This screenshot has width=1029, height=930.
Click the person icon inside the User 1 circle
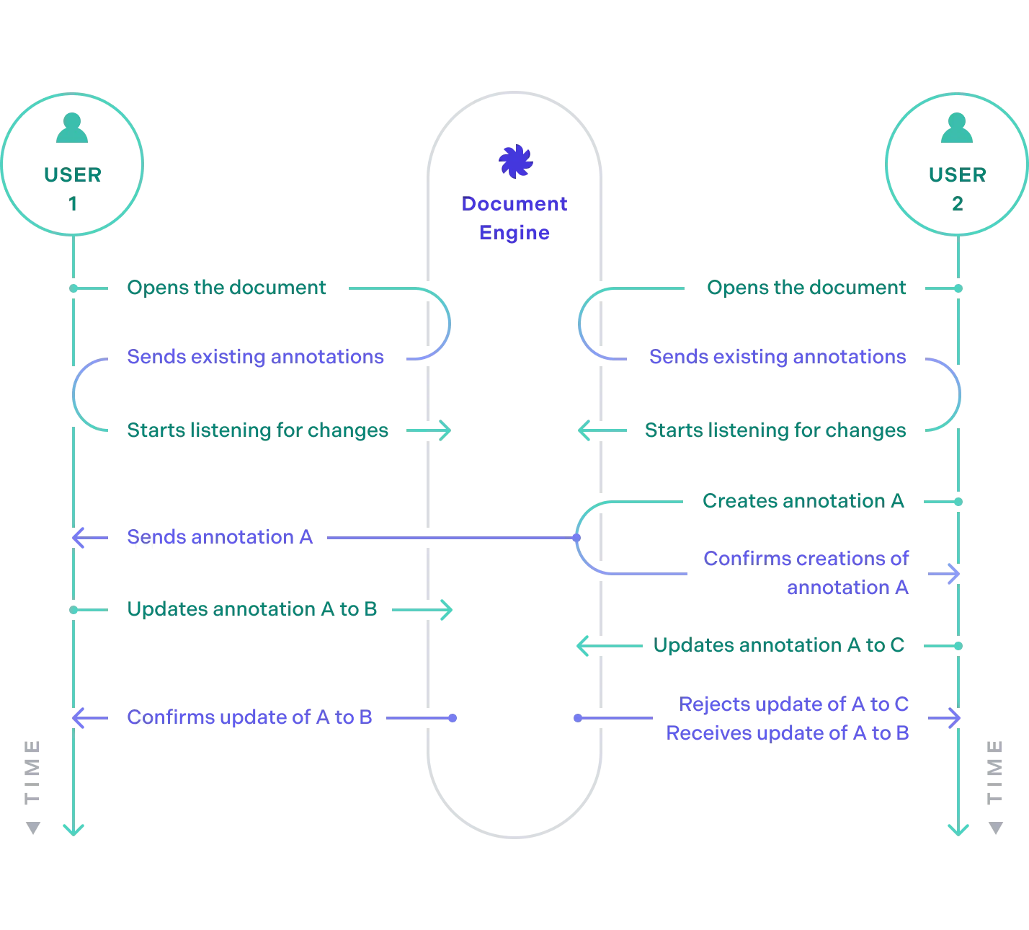pyautogui.click(x=72, y=128)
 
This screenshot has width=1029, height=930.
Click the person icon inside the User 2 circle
pyautogui.click(x=956, y=128)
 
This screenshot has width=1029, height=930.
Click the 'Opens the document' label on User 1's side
pyautogui.click(x=227, y=288)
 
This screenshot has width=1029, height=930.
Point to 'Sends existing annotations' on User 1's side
pyautogui.click(x=256, y=358)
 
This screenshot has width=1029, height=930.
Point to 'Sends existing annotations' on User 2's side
pyautogui.click(x=778, y=358)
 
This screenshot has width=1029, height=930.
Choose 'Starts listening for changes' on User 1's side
pyautogui.click(x=258, y=430)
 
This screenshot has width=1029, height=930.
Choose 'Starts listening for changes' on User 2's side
pyautogui.click(x=777, y=430)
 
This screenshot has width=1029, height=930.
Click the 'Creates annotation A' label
pyautogui.click(x=803, y=501)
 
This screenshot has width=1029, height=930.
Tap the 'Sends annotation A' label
pyautogui.click(x=220, y=538)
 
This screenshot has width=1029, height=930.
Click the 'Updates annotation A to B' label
pyautogui.click(x=253, y=609)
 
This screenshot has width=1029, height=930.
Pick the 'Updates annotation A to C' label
pyautogui.click(x=778, y=645)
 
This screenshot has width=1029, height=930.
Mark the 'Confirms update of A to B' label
pyautogui.click(x=250, y=718)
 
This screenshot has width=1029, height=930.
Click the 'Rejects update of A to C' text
pyautogui.click(x=795, y=704)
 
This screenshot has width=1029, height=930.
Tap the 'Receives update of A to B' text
pyautogui.click(x=788, y=733)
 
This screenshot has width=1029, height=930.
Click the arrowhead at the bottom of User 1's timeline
pyautogui.click(x=72, y=828)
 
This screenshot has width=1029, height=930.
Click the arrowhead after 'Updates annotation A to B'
pyautogui.click(x=445, y=610)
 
